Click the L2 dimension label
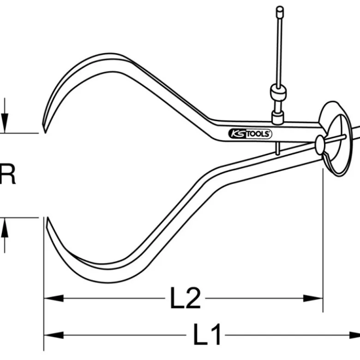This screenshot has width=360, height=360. (185, 298)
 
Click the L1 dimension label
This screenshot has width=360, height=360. (207, 334)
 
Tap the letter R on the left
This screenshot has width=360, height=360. (7, 174)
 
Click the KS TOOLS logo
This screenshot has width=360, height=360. (250, 134)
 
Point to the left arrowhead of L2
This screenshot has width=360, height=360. (54, 298)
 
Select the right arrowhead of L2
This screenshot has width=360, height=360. (313, 298)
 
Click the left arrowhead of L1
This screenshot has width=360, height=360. (54, 335)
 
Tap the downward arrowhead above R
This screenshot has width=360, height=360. (5, 123)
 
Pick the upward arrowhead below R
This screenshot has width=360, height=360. (5, 227)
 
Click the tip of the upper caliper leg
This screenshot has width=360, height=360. (45, 132)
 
